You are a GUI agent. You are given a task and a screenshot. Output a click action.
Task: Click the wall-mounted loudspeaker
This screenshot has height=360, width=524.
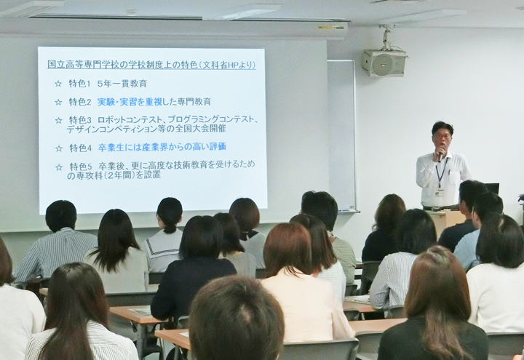pos(384,63)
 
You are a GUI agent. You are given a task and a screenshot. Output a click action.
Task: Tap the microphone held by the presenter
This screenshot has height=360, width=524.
pos(441,154)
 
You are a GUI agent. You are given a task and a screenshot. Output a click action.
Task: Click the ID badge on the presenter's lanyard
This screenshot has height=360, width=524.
pos(440,193)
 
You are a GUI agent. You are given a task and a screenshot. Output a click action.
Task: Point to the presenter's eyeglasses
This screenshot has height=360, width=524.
pos(442,136)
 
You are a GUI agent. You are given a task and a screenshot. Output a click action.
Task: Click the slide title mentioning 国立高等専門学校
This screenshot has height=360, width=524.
pos(151,65)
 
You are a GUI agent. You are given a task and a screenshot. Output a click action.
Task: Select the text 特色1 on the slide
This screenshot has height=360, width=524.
pos(79,84)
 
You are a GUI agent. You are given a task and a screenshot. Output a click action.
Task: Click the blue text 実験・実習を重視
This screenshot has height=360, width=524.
pos(130,102)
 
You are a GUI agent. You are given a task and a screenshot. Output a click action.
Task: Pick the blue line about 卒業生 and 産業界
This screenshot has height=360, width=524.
pos(162,147)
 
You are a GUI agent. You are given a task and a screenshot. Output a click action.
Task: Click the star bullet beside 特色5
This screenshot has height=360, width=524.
pos(59,167)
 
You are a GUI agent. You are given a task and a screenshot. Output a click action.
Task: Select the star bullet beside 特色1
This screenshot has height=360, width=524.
pos(58,84)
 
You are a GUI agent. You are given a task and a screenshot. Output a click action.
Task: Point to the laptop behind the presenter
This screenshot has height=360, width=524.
pos(492,188)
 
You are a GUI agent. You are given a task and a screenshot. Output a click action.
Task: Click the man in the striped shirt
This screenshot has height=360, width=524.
pos(57,243)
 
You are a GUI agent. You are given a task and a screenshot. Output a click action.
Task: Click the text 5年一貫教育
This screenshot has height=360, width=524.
pos(122,84)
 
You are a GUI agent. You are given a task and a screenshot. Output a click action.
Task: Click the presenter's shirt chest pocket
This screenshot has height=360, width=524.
pos(453,177)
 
